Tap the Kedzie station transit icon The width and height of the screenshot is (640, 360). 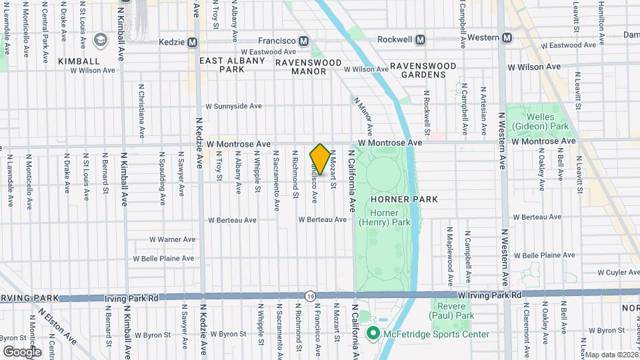(x=193, y=42)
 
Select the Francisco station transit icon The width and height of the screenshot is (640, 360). (x=304, y=42)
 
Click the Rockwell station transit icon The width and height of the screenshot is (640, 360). (x=420, y=39)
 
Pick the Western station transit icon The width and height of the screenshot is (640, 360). (x=507, y=38)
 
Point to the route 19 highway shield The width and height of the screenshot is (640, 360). (x=310, y=295)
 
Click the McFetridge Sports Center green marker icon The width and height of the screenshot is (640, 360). (x=372, y=334)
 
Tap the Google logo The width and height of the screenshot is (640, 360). (x=22, y=351)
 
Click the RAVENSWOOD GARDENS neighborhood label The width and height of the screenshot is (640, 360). (x=423, y=70)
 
